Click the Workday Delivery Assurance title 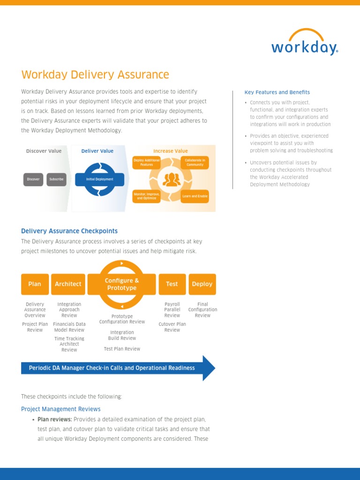[95, 75]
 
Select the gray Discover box [33, 179]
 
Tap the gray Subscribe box [57, 179]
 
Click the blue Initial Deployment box [100, 179]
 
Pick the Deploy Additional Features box [147, 162]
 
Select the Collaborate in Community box [195, 162]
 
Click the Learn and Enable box [195, 196]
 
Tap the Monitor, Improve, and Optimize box [147, 196]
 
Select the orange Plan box [35, 284]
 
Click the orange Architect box [68, 284]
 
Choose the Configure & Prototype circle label [122, 284]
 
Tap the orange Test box [172, 284]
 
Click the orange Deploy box [202, 284]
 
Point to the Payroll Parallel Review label [172, 310]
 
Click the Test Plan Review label [122, 349]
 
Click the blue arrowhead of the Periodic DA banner [209, 368]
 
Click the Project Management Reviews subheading [61, 409]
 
